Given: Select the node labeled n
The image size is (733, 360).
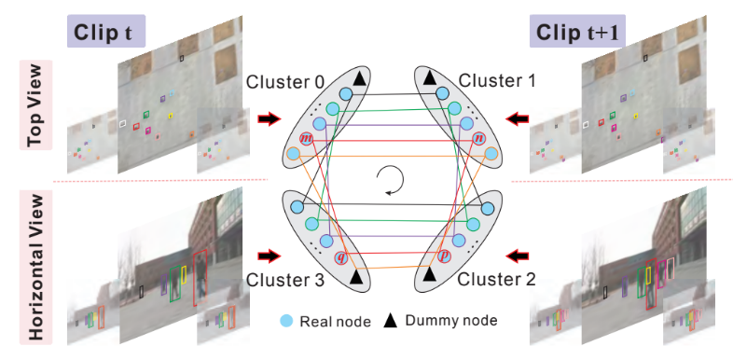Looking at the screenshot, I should click(x=478, y=139).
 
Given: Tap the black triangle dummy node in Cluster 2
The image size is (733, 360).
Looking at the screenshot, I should click(x=429, y=277).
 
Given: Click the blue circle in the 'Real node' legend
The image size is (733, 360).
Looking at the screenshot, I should click(x=287, y=321).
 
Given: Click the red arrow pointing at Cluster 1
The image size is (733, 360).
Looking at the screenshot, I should click(x=517, y=118).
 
